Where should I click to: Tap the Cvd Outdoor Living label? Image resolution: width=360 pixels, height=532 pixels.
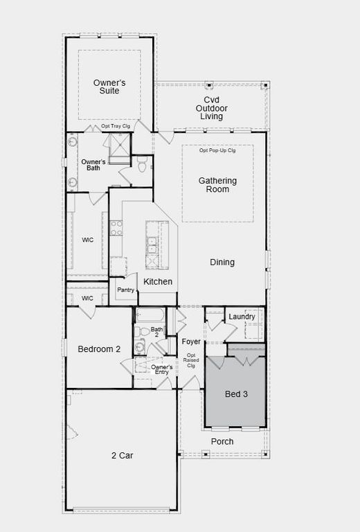(x=211, y=108)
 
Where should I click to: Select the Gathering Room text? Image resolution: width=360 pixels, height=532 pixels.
(x=217, y=185)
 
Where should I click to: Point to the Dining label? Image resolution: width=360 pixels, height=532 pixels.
(x=222, y=263)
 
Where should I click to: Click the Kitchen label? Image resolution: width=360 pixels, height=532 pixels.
(x=158, y=282)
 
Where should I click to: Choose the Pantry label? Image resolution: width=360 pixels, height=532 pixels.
(x=125, y=290)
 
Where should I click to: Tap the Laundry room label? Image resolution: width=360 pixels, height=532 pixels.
(x=242, y=317)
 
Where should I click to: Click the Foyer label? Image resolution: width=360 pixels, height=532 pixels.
(x=191, y=342)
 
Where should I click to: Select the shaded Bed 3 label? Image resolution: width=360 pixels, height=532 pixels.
(x=235, y=394)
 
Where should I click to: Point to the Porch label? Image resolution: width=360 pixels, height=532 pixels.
(x=222, y=441)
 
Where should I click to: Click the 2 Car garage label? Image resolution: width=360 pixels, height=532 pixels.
(x=122, y=455)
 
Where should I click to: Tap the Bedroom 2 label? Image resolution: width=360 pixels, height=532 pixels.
(x=99, y=349)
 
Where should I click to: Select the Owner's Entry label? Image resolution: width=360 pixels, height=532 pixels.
(x=162, y=369)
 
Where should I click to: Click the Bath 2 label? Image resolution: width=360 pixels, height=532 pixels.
(x=157, y=332)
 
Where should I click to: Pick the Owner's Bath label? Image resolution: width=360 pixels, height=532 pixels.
(x=93, y=165)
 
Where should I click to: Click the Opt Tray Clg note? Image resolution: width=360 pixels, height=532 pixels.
(x=116, y=127)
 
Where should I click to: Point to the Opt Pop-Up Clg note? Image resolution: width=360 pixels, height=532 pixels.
(x=217, y=150)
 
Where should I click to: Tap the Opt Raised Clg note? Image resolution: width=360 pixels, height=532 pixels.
(x=191, y=361)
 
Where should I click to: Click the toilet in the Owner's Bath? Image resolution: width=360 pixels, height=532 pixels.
(x=142, y=165)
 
